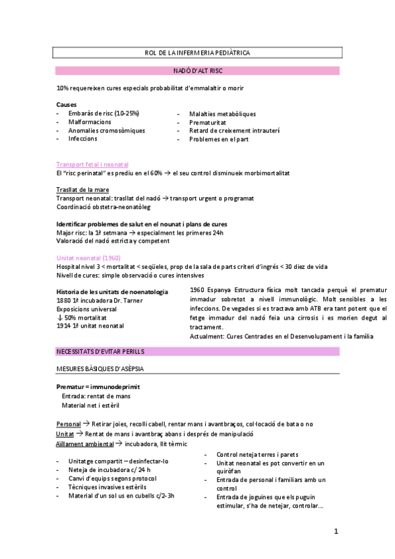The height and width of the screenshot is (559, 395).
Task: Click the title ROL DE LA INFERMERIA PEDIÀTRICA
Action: (197, 53)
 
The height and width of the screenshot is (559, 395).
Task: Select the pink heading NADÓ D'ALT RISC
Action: (197, 71)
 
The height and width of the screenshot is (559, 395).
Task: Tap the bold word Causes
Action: (66, 104)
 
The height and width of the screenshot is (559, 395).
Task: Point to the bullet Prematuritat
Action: (210, 122)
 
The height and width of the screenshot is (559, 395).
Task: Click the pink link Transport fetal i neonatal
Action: (92, 164)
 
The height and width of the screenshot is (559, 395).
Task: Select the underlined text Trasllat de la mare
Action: (82, 190)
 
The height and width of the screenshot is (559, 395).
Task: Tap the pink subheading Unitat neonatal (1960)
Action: (88, 258)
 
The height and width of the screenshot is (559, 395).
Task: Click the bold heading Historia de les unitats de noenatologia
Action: (112, 291)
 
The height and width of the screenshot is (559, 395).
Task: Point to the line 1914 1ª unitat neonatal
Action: (90, 326)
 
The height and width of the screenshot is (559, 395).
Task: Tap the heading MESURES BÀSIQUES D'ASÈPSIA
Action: (100, 368)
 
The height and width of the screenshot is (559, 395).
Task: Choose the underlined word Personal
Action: (69, 423)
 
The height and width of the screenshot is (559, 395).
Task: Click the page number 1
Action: (336, 531)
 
